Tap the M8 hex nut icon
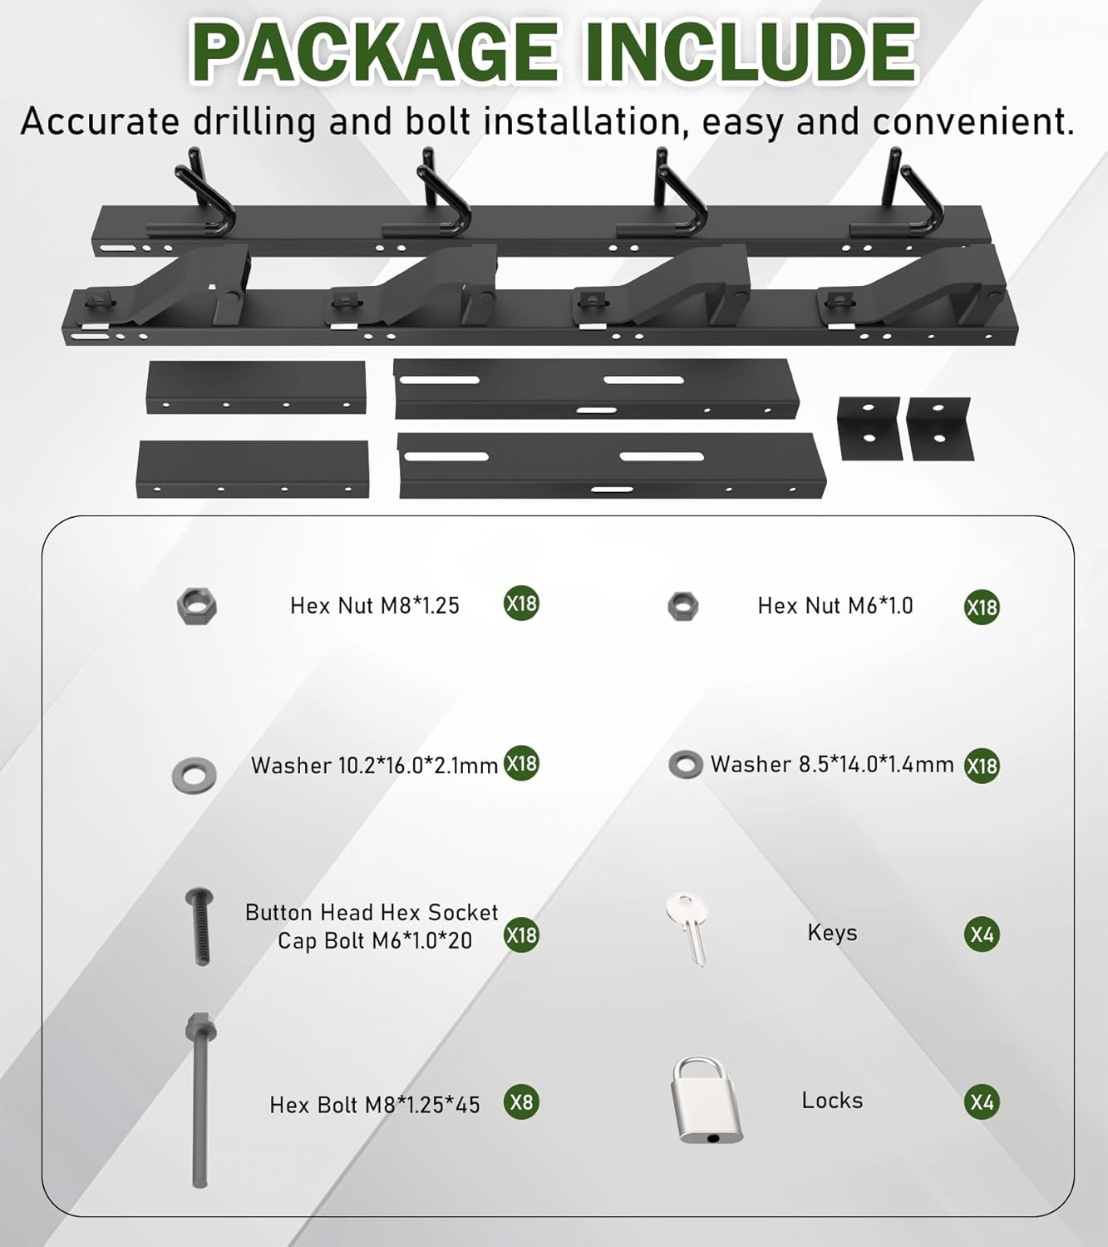197,605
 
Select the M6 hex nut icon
683,606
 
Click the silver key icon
688,928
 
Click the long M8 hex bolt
200,1101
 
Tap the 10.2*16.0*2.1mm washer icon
195,775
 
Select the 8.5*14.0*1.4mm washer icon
685,764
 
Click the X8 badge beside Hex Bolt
521,1102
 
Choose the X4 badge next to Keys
982,934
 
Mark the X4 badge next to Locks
982,1102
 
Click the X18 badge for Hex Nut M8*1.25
521,603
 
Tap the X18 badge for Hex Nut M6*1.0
982,608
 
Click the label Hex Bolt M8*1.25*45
375,1105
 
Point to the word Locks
832,1101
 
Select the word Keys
832,933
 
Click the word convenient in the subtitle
973,122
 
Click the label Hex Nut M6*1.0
835,606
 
